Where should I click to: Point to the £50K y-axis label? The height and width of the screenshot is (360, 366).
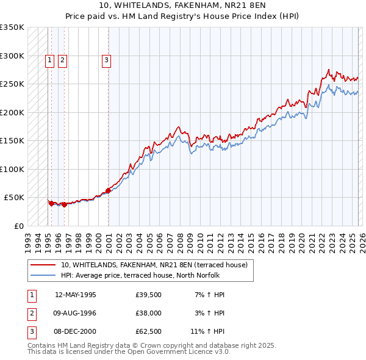click(x=14, y=198)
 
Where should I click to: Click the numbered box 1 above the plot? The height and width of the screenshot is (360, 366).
click(x=49, y=60)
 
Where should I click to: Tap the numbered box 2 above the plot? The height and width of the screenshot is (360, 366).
click(x=63, y=60)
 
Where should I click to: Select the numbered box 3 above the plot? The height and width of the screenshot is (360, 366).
click(x=106, y=60)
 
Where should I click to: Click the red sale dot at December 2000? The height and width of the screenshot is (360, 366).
click(x=108, y=190)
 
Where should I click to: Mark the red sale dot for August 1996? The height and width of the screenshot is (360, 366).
click(x=64, y=204)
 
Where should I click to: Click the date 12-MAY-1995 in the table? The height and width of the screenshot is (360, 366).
click(x=76, y=295)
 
